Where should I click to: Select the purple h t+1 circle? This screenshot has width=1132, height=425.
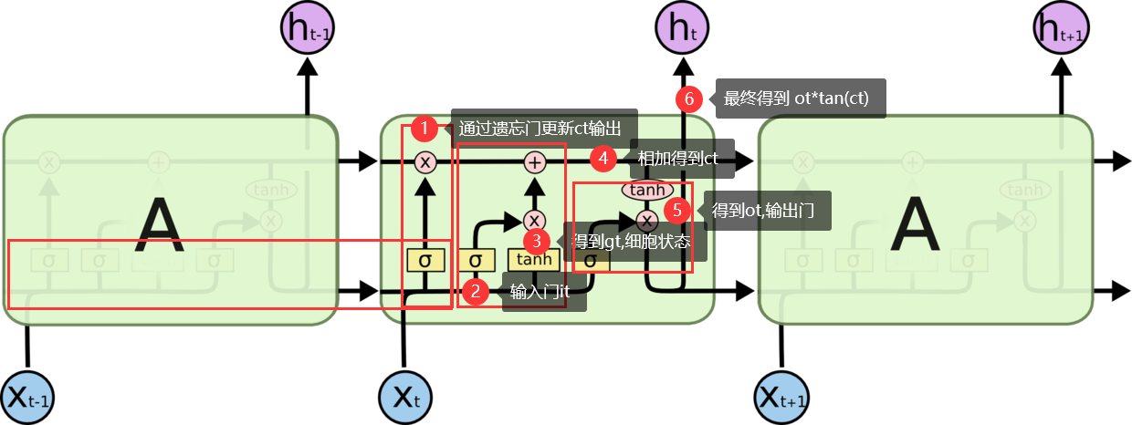coord(1061,28)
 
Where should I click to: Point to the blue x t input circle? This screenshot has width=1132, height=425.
coord(404,398)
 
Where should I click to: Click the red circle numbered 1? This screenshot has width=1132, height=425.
coord(424,129)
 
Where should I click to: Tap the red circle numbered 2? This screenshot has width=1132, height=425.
coord(476,292)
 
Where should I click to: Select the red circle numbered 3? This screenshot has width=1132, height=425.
coord(537,241)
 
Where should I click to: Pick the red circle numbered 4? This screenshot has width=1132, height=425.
coord(602,159)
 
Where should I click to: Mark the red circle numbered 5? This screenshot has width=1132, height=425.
coord(676,211)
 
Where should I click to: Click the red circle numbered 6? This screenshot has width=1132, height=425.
coord(689,98)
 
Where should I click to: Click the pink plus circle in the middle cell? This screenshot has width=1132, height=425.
coord(535,162)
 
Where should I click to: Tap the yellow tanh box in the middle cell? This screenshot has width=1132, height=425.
coord(534,260)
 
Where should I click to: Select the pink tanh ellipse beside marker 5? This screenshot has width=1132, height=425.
coord(646,190)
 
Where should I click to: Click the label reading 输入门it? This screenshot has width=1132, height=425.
coord(540,293)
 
